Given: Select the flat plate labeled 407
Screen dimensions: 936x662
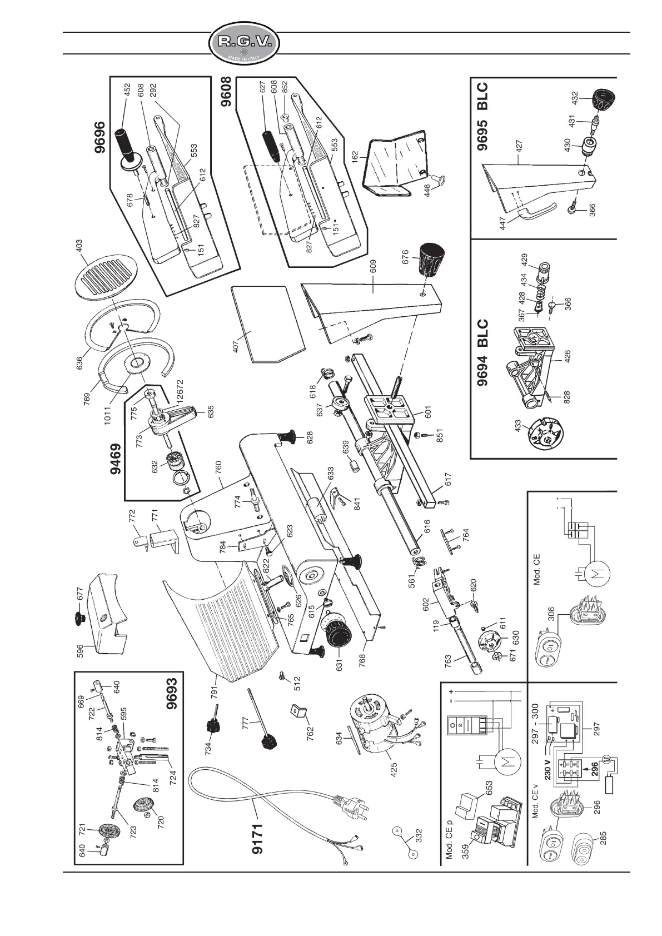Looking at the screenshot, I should tap(267, 323).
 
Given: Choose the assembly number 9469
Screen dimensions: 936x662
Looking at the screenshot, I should tap(116, 459).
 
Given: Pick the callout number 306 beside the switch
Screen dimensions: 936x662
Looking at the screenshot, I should tap(551, 614).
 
